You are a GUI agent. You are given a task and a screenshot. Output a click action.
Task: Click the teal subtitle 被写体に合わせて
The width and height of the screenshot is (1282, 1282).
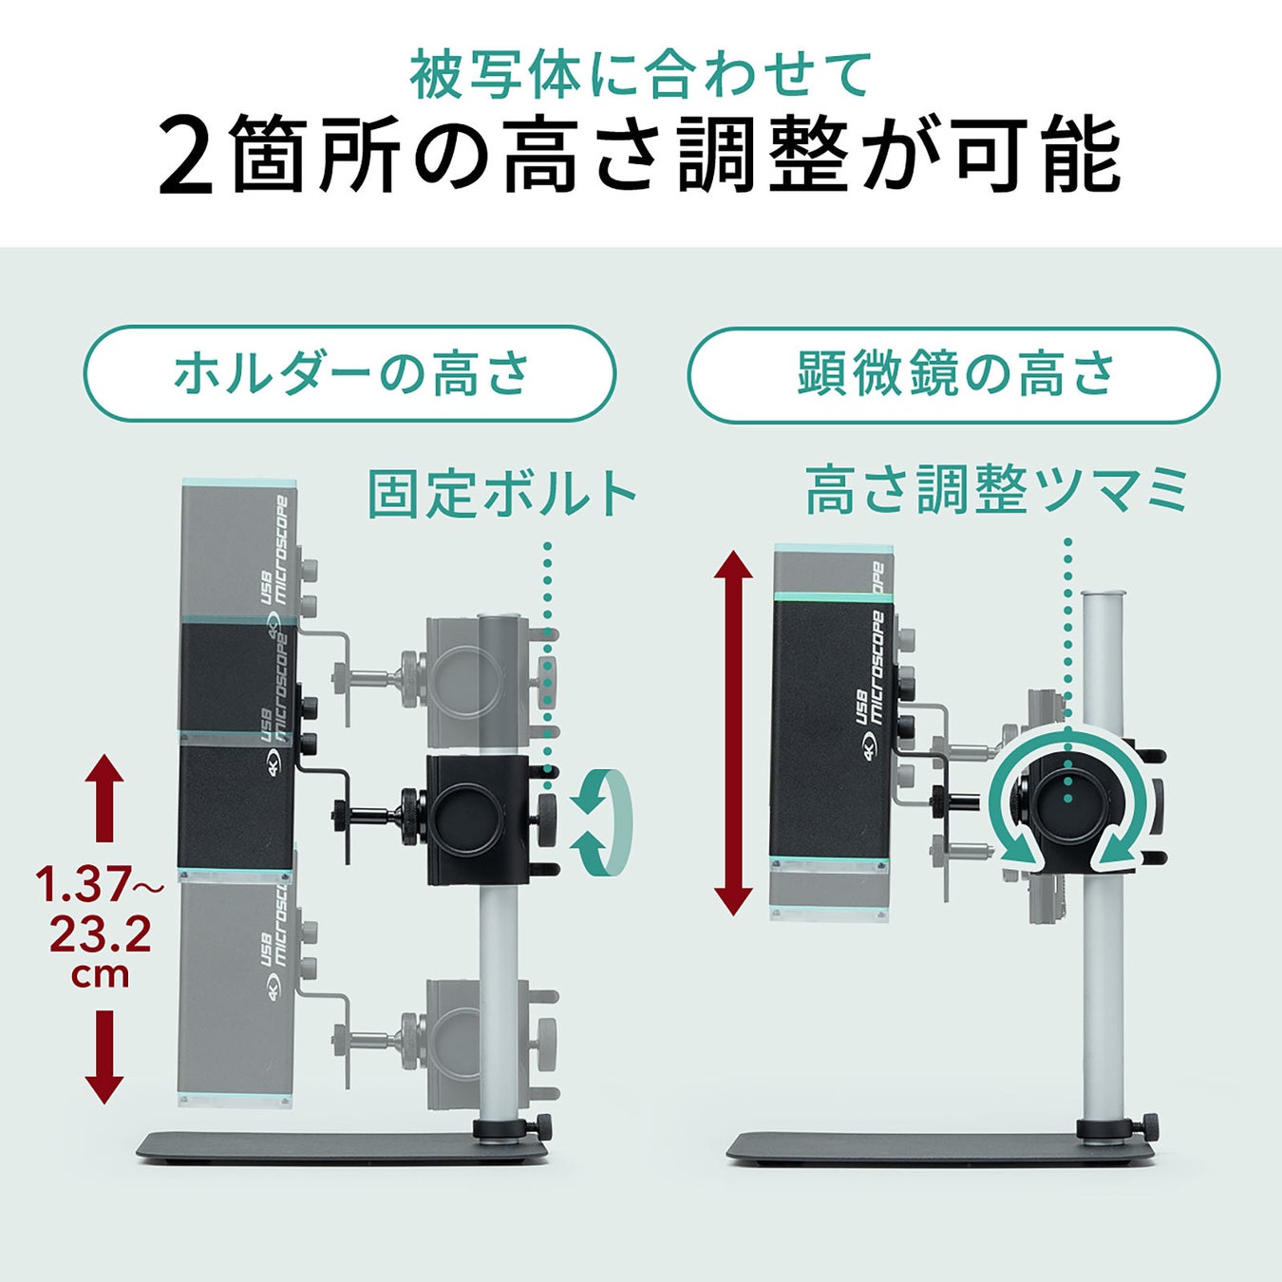click(640, 75)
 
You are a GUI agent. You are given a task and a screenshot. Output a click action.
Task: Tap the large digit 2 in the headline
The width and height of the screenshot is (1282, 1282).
click(188, 156)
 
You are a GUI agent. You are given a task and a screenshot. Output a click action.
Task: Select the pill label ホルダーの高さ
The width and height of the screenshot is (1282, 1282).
click(350, 373)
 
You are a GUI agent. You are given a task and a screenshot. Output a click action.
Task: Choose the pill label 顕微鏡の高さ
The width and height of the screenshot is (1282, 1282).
click(955, 373)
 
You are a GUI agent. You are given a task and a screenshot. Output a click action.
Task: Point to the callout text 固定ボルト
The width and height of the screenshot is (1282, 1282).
click(502, 494)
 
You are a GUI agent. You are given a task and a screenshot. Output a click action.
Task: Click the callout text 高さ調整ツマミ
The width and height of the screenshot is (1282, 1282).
click(996, 491)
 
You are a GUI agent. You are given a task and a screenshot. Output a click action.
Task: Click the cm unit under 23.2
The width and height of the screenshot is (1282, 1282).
click(100, 975)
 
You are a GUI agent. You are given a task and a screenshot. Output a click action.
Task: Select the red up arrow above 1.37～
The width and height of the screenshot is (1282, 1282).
click(104, 799)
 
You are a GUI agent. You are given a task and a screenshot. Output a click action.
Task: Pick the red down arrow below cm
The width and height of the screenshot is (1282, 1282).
click(104, 1056)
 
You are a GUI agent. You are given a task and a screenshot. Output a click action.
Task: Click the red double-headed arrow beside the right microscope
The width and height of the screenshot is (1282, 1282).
click(733, 732)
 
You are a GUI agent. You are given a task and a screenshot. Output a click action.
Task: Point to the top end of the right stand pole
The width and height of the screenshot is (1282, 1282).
click(1101, 592)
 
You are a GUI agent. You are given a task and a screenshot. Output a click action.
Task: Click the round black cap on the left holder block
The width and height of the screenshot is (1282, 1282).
click(478, 818)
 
